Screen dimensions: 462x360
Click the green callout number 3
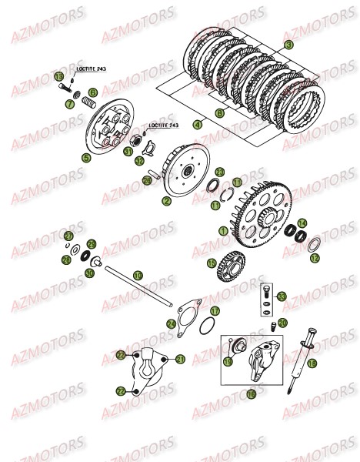pos(288,45)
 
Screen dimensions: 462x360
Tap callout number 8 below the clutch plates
pos(219,113)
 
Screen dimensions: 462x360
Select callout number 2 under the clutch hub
pos(166,202)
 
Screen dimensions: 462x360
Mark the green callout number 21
pos(180,360)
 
